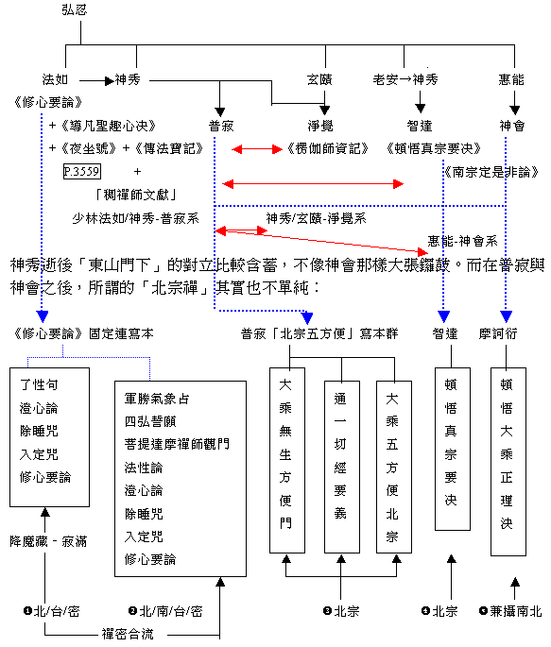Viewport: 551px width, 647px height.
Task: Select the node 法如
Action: [x=60, y=80]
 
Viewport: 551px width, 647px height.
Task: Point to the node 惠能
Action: [x=511, y=80]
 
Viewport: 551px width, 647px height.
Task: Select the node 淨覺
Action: [x=319, y=125]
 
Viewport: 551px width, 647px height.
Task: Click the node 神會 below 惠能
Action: [x=511, y=125]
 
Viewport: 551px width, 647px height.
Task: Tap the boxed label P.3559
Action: [x=81, y=171]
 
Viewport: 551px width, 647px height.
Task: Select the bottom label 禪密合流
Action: [x=129, y=632]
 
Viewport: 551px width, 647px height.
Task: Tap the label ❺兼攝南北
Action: [x=510, y=611]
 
